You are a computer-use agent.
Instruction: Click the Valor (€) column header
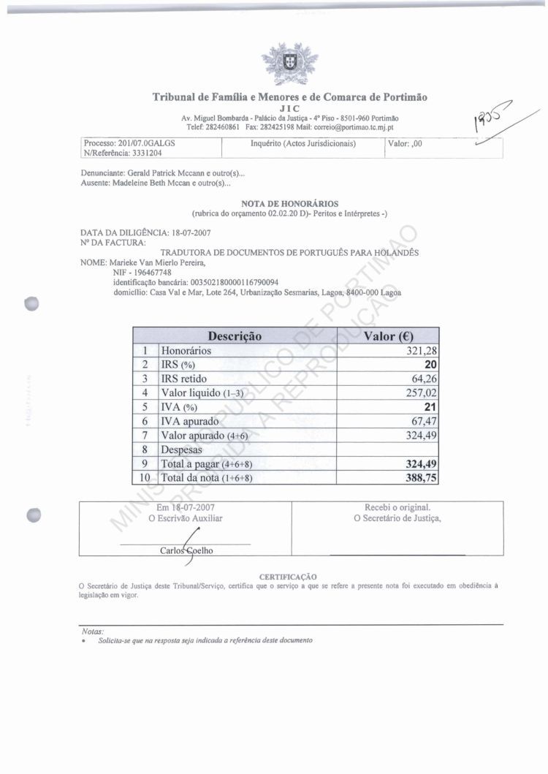[388, 336]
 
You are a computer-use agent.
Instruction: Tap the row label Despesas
[181, 449]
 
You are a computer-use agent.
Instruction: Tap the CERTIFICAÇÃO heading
[288, 577]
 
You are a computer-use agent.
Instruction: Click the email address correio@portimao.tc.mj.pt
[351, 126]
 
